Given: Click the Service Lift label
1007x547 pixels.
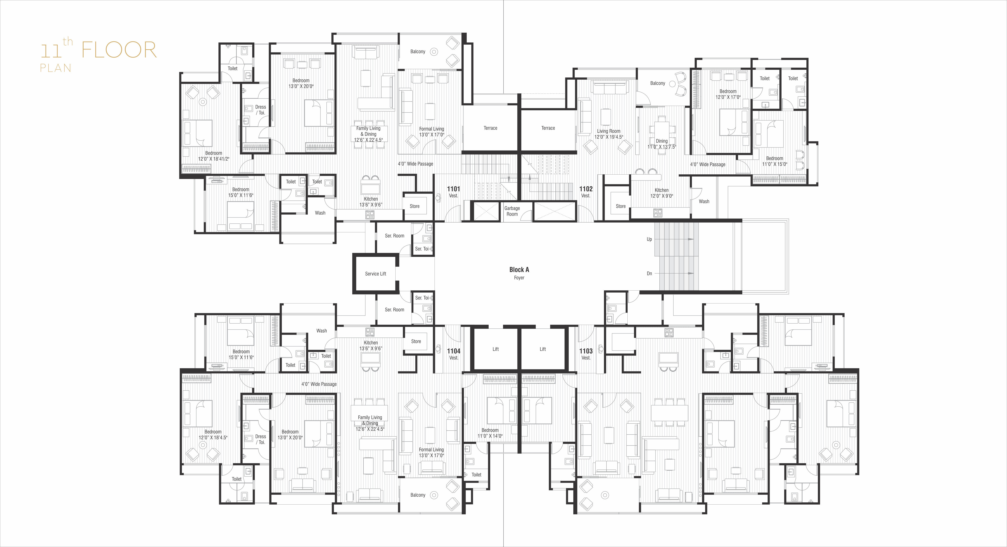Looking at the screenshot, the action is tap(375, 273).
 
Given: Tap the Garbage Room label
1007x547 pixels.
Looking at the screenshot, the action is tap(512, 211).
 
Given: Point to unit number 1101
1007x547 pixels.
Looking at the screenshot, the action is tap(453, 189).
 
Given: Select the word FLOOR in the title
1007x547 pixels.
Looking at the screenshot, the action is tap(119, 50).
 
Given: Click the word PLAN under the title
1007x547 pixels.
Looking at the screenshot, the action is tap(56, 68).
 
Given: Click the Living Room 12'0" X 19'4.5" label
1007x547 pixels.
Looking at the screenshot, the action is tap(609, 134).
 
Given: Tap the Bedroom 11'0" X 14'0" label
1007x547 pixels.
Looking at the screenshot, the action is tap(490, 433).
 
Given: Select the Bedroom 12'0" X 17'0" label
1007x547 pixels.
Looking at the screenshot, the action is tap(728, 94).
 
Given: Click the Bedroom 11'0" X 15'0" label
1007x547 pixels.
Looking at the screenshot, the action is tap(775, 161).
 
